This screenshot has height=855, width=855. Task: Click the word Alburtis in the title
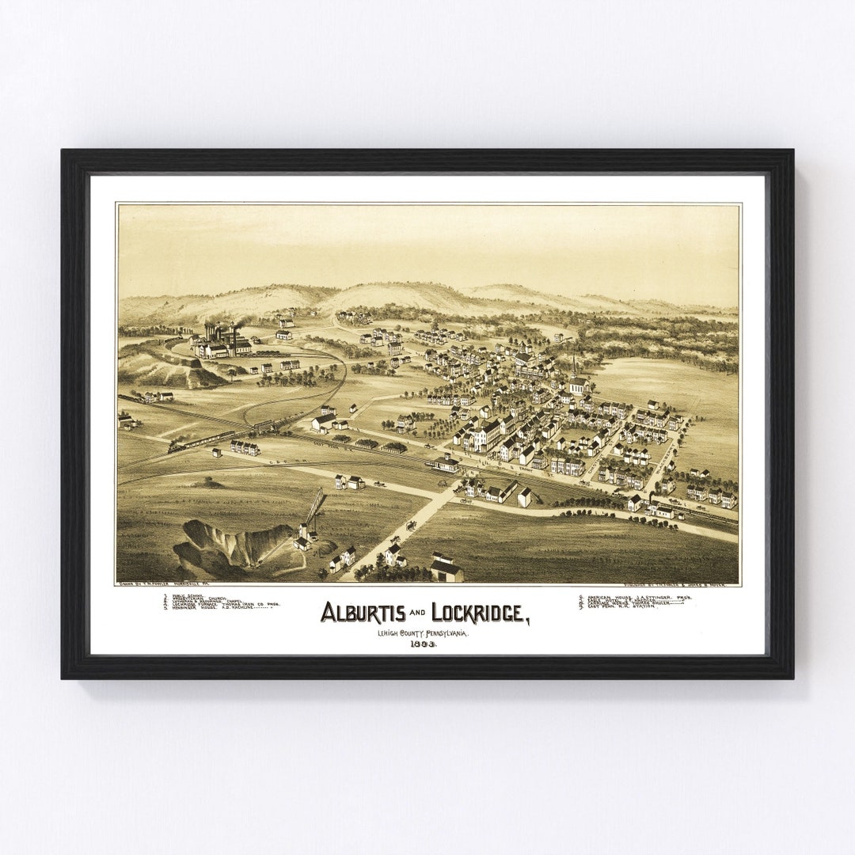pos(363,612)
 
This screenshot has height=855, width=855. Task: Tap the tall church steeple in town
pos(574,369)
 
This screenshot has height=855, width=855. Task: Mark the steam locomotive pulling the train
pos(176,447)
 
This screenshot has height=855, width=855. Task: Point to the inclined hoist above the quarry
pos(315,507)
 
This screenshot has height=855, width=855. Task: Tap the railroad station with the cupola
pos(444,463)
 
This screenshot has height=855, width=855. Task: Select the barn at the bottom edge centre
pos(446,567)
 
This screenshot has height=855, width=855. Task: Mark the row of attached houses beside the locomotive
pos(245,448)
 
